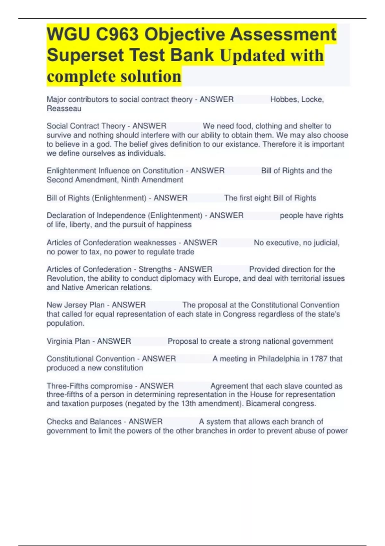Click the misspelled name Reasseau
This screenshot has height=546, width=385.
(x=64, y=109)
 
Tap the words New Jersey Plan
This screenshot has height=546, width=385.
(x=76, y=305)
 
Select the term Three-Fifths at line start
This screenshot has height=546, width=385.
(x=66, y=386)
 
